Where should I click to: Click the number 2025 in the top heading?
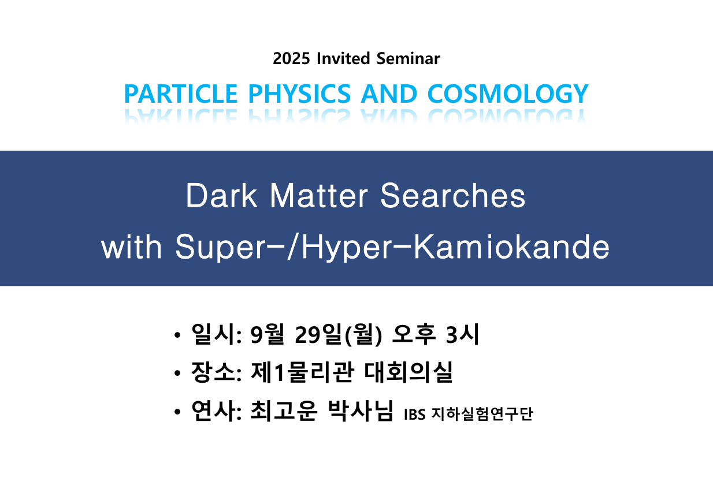click(x=291, y=59)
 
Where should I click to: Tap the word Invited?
click(x=343, y=58)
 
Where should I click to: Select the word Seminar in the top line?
click(x=408, y=58)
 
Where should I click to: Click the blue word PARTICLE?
click(x=181, y=94)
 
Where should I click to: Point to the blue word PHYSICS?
click(x=299, y=94)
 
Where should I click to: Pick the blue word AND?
click(x=389, y=94)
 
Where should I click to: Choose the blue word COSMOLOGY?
click(x=508, y=94)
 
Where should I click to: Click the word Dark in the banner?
click(x=221, y=196)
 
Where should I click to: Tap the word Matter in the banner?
click(x=319, y=196)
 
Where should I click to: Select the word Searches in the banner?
click(x=452, y=196)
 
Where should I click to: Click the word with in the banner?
click(x=131, y=246)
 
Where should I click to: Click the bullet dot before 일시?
click(x=177, y=335)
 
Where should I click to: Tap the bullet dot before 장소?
click(x=177, y=373)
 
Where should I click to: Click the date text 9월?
click(x=267, y=334)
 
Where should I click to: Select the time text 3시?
click(x=462, y=334)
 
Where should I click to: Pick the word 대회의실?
click(x=409, y=372)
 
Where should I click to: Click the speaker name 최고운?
click(x=284, y=411)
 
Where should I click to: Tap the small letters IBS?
click(x=414, y=414)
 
